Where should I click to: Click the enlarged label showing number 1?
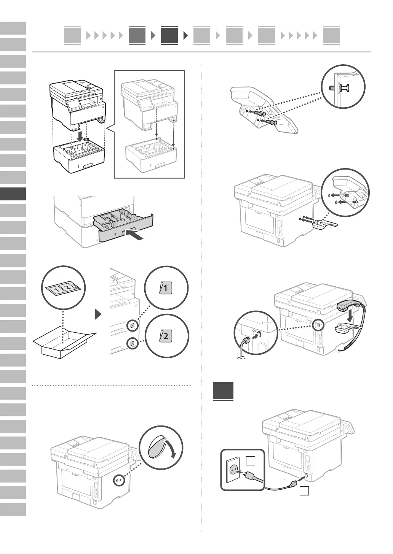point(166,289)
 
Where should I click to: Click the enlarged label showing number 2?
point(166,336)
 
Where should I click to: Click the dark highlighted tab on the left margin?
point(13,194)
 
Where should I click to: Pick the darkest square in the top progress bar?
point(169,35)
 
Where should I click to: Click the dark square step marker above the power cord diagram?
point(223,390)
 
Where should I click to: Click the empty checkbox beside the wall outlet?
point(250,461)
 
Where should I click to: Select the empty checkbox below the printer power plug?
point(304,491)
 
